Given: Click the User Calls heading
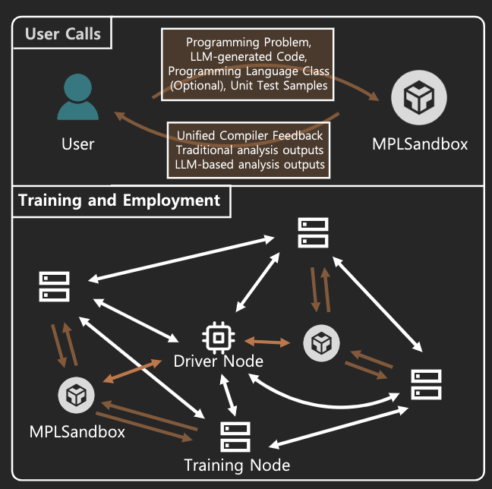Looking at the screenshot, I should (62, 34).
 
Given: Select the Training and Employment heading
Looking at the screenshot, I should (119, 200).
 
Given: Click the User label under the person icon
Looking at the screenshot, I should (77, 144).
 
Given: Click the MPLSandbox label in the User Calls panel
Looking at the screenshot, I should (420, 144).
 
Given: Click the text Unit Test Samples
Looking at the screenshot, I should (291, 85).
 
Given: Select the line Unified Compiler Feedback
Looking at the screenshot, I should (250, 135).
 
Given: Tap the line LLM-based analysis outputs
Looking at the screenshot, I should (250, 163).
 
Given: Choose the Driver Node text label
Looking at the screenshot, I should (219, 361).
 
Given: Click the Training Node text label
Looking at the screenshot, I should (237, 464).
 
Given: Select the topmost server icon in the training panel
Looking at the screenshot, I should (313, 232).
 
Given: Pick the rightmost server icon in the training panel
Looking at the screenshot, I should (426, 384).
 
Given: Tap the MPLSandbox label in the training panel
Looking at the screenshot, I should (77, 431).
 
